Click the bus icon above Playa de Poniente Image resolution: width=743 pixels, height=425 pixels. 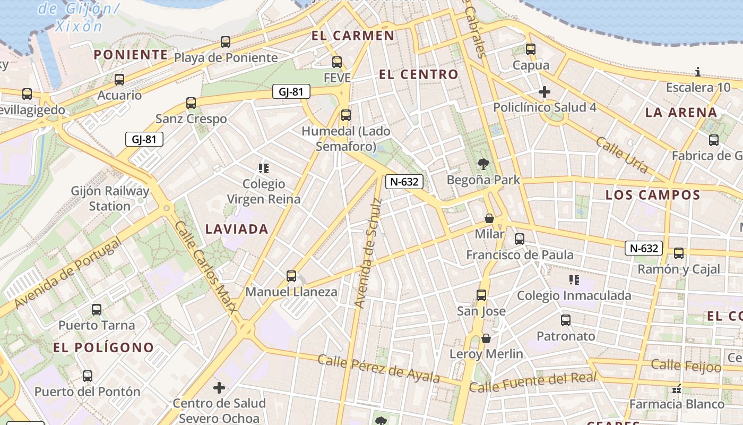[x=226, y=42]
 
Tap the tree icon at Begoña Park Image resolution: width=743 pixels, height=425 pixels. [x=483, y=164]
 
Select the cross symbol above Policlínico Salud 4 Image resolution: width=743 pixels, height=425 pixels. [x=544, y=92]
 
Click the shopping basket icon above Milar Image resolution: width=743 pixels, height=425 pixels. [x=489, y=218]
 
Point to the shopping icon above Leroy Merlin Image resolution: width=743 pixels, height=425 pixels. [x=486, y=338]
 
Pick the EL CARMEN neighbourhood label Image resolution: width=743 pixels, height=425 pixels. [x=353, y=36]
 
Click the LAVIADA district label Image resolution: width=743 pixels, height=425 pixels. [x=237, y=229]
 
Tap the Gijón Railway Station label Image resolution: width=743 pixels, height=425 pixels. [x=110, y=198]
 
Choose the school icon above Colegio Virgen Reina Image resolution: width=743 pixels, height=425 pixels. [x=263, y=168]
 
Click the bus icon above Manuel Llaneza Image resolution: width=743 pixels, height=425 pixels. [x=291, y=276]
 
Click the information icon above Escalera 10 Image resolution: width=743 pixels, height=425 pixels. [x=698, y=72]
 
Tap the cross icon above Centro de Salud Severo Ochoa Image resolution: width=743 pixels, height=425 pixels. [x=219, y=388]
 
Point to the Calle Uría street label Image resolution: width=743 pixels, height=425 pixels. [x=621, y=155]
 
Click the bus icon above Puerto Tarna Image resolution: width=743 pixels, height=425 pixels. [x=96, y=310]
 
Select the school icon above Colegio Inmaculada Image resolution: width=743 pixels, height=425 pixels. [x=574, y=279]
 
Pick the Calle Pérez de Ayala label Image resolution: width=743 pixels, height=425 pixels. [x=379, y=368]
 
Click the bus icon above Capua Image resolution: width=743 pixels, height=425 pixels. [x=531, y=49]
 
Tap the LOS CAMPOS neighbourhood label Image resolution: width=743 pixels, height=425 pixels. [x=653, y=195]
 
